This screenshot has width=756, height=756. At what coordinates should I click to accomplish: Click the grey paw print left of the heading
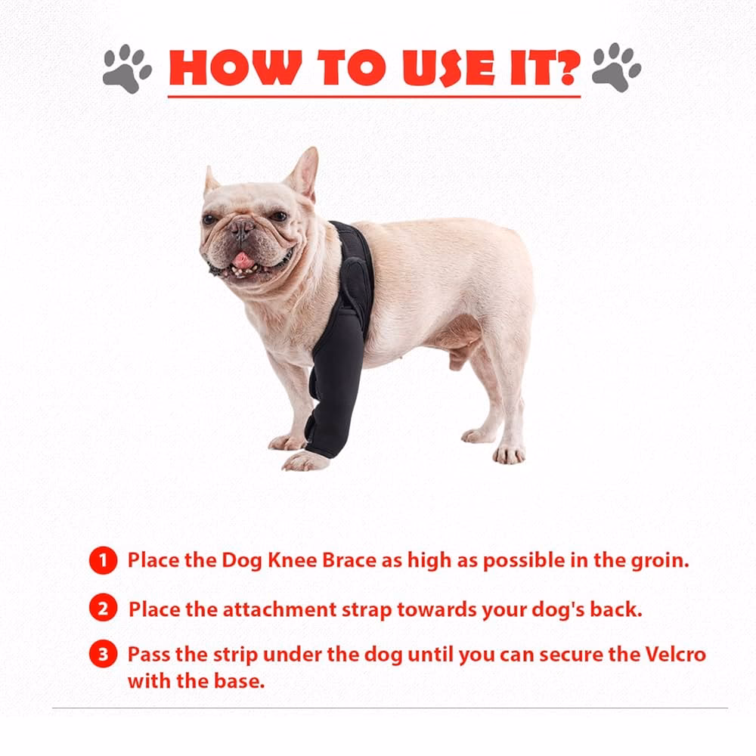click(127, 68)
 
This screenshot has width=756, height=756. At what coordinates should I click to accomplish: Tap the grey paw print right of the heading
click(617, 67)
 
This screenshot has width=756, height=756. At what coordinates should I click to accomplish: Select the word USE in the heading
click(449, 67)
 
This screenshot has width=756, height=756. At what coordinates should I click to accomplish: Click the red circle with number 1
click(103, 560)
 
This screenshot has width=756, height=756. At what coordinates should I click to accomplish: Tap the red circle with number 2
click(103, 608)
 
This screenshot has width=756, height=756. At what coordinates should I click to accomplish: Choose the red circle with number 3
click(103, 654)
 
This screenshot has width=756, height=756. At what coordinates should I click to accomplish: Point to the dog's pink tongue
click(243, 261)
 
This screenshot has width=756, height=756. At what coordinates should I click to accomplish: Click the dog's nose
click(241, 226)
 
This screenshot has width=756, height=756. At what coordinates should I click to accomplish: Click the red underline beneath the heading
click(374, 97)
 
